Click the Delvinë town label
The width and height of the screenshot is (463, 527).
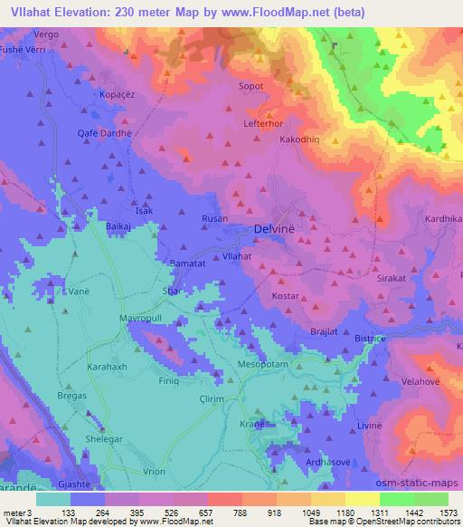pos(278,231)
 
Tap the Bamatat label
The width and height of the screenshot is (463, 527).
pos(189,264)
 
